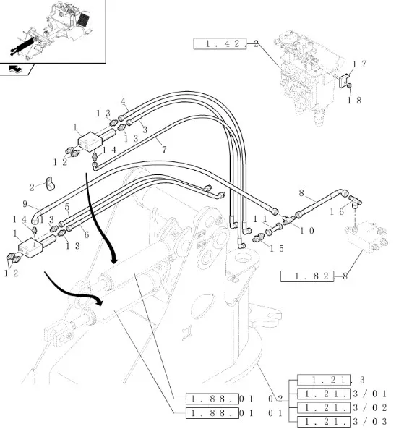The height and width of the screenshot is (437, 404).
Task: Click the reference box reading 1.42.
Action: (x=220, y=43)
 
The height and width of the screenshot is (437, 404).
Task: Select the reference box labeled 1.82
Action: (x=307, y=276)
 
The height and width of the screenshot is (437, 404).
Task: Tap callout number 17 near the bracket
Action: (x=359, y=64)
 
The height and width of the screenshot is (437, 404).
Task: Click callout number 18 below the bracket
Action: (x=354, y=100)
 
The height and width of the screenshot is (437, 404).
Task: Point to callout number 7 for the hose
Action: (x=164, y=150)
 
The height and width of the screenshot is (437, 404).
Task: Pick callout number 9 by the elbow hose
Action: (x=25, y=204)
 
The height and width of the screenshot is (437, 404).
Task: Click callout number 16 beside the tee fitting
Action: (x=338, y=212)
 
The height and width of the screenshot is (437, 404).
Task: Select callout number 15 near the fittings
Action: (x=277, y=248)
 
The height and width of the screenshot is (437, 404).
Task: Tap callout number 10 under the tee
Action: (x=307, y=231)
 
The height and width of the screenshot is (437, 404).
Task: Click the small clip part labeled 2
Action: (x=50, y=184)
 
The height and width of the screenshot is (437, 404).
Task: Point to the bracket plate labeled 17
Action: (x=345, y=80)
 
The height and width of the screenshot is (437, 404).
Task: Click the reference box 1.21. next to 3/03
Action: (x=324, y=421)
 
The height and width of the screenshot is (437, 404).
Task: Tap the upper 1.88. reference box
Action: (x=212, y=399)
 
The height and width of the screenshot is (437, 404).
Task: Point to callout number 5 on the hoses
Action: (x=66, y=207)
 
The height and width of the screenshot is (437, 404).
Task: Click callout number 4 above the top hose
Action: (x=123, y=101)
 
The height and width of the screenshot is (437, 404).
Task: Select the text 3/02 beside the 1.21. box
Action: (x=370, y=408)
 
